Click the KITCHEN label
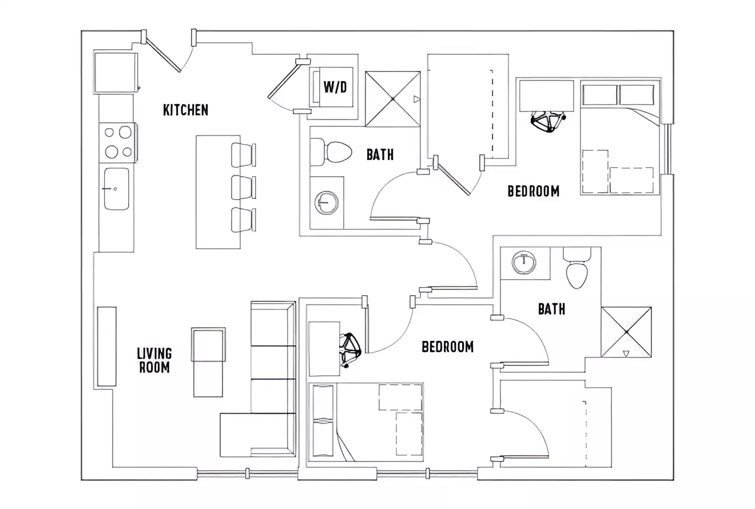[x=185, y=110]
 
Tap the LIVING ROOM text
[x=154, y=360]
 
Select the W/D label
[x=335, y=87]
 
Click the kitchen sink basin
[x=116, y=189]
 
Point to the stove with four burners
[x=118, y=142]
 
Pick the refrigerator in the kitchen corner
[x=116, y=73]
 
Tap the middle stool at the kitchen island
[x=243, y=187]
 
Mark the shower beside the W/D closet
[x=393, y=99]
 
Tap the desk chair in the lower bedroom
[x=349, y=350]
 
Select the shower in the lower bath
[x=626, y=332]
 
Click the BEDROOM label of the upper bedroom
[x=533, y=191]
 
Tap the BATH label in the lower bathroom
[x=551, y=309]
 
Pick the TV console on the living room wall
[x=106, y=347]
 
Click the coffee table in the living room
[x=208, y=362]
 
